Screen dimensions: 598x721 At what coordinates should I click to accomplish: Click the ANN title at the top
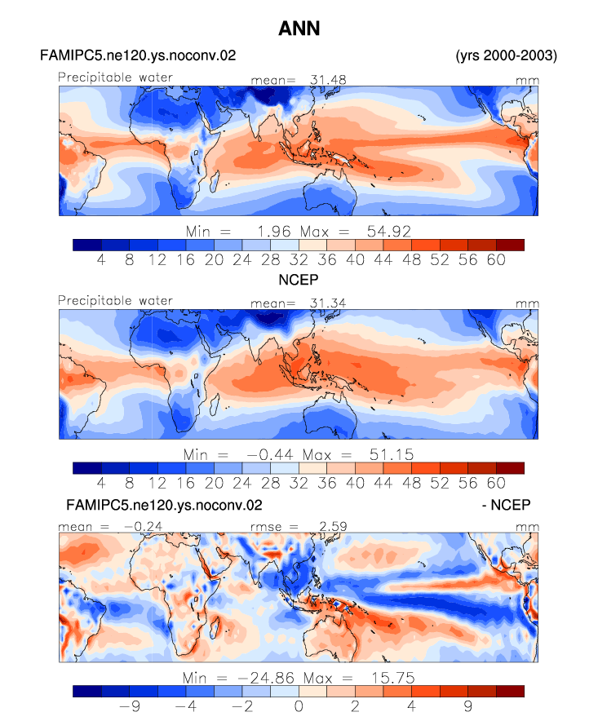click(299, 29)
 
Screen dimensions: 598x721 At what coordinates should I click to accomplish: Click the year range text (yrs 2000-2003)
click(507, 55)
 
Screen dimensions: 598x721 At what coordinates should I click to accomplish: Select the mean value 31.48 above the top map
click(328, 80)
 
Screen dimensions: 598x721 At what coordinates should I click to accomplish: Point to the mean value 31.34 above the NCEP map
click(328, 303)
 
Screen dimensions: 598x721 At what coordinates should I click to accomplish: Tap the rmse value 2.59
click(333, 527)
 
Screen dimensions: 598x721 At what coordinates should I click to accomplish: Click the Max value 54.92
click(388, 232)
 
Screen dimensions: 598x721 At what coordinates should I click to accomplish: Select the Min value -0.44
click(270, 455)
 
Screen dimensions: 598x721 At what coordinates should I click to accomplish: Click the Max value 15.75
click(393, 678)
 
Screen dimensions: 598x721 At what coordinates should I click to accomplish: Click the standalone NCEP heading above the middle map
click(299, 280)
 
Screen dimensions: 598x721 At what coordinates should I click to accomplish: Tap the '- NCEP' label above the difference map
click(506, 505)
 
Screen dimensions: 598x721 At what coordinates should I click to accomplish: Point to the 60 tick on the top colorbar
click(496, 260)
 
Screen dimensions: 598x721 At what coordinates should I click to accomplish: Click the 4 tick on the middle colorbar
click(101, 483)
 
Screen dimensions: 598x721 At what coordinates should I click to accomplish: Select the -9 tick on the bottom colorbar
click(130, 706)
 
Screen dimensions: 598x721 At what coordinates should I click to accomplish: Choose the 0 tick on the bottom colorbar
click(299, 706)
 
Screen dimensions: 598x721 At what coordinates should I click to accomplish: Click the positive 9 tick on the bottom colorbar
click(467, 706)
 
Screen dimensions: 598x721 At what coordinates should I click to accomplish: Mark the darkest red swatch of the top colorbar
click(510, 245)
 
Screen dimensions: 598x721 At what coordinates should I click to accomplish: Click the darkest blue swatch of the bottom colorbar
click(87, 691)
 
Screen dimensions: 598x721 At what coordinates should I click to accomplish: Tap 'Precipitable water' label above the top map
click(116, 77)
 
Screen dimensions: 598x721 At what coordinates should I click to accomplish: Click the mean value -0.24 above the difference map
click(143, 527)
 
